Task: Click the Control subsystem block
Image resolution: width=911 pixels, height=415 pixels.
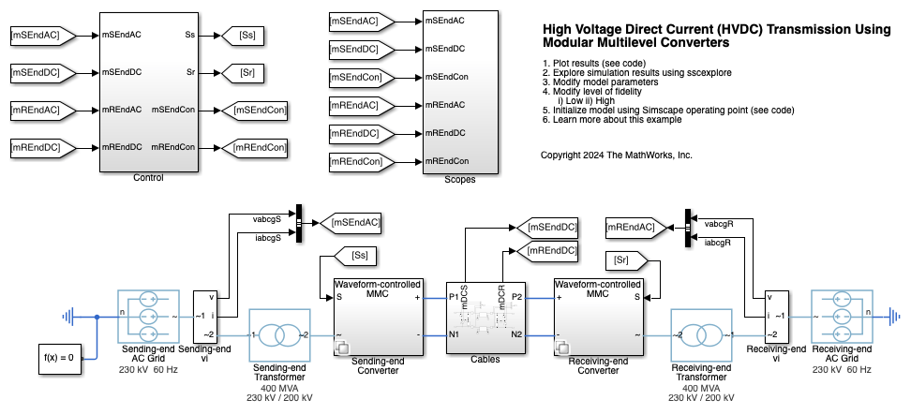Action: pos(148,92)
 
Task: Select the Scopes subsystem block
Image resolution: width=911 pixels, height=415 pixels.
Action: pos(458,92)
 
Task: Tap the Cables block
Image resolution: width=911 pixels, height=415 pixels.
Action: pos(485,314)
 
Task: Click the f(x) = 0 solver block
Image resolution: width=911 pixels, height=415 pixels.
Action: pos(64,356)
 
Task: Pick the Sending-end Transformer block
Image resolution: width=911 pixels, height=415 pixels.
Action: pos(278,335)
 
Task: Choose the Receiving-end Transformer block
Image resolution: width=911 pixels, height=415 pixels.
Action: pos(700,335)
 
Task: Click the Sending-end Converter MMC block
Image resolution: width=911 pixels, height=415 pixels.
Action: pos(377,314)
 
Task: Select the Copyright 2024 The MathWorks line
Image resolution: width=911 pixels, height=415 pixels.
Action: pos(616,156)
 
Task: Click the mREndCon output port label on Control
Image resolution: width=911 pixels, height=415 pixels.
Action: pos(172,147)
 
